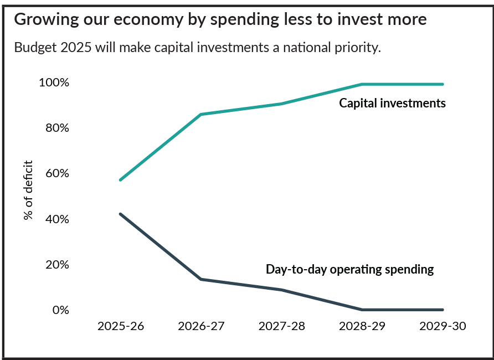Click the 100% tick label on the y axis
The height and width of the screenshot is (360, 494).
54,83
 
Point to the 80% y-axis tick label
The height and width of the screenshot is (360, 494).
56,128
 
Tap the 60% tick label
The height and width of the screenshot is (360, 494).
56,173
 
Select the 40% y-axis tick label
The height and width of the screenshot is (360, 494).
56,219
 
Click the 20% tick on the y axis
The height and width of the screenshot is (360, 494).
56,265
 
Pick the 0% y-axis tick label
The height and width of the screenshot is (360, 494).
59,310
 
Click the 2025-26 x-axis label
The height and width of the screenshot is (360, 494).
120,326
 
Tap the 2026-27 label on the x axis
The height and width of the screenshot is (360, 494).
201,326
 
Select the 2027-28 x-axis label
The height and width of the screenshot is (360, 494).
281,326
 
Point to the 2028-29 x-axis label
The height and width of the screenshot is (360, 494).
362,326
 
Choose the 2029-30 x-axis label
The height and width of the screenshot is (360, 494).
442,326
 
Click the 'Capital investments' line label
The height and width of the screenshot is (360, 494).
392,103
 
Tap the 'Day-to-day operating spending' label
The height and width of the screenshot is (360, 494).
349,270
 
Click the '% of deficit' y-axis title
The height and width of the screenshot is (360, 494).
29,190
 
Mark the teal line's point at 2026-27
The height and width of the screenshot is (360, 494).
201,114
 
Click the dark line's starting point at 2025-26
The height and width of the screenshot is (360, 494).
120,214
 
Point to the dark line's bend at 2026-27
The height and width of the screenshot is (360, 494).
201,279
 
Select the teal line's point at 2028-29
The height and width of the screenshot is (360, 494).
362,84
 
